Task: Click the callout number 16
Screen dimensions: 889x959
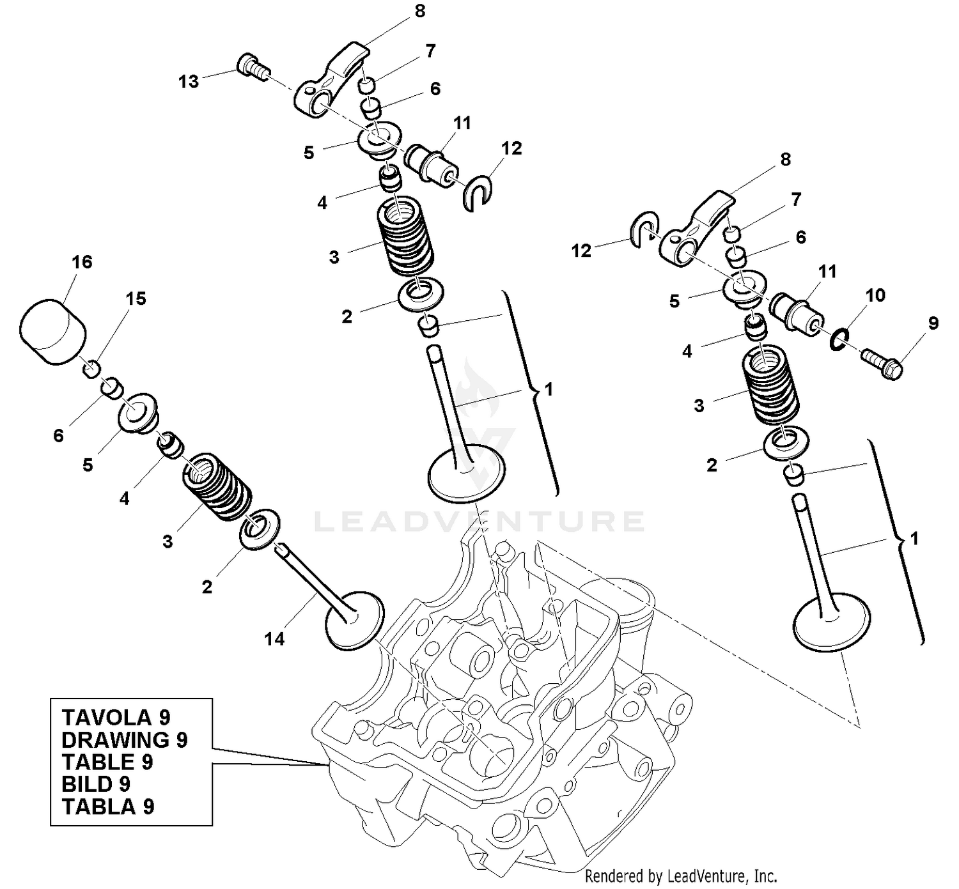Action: coord(82,262)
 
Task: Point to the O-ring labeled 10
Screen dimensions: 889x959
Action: coord(840,340)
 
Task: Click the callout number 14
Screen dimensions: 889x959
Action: coord(274,638)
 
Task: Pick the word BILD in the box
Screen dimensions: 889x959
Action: coord(87,784)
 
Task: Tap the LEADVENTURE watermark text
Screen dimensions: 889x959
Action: coord(479,522)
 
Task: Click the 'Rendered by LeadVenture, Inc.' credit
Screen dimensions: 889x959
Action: coord(681,876)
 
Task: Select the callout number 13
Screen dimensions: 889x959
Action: coord(189,82)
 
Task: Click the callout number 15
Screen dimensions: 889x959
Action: coord(136,298)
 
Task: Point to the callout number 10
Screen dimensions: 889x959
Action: coord(875,295)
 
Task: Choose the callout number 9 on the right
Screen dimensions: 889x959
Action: coord(933,323)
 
